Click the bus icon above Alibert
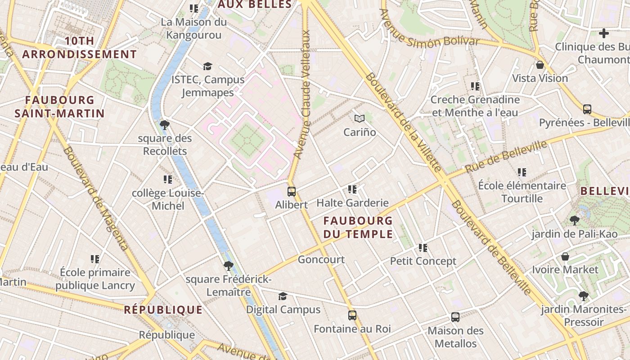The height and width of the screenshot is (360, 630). [x=292, y=191]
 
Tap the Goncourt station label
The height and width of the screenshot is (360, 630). [x=321, y=260]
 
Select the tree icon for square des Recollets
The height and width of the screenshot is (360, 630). [x=165, y=125]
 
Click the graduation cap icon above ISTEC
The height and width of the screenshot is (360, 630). [x=207, y=66]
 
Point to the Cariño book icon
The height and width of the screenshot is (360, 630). [x=359, y=119]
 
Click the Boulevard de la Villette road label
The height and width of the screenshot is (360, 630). [x=403, y=122]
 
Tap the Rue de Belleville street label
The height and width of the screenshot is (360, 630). [x=506, y=157]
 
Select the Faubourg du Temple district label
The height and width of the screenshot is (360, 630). [x=358, y=227]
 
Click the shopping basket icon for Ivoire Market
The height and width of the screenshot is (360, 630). [x=565, y=256]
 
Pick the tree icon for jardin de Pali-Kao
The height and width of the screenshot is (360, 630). [x=574, y=220]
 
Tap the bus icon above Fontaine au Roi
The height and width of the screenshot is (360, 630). [x=352, y=315]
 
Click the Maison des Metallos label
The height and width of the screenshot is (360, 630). [x=455, y=337]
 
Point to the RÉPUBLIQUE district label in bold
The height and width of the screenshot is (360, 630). [x=163, y=310]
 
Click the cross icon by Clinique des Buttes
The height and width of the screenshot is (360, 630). [x=604, y=33]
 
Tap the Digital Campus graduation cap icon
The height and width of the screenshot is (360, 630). [x=283, y=296]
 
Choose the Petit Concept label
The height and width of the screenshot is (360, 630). [x=423, y=261]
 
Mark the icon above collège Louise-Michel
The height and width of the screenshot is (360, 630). [x=168, y=180]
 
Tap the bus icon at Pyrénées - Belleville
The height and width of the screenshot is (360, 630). [x=587, y=109]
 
